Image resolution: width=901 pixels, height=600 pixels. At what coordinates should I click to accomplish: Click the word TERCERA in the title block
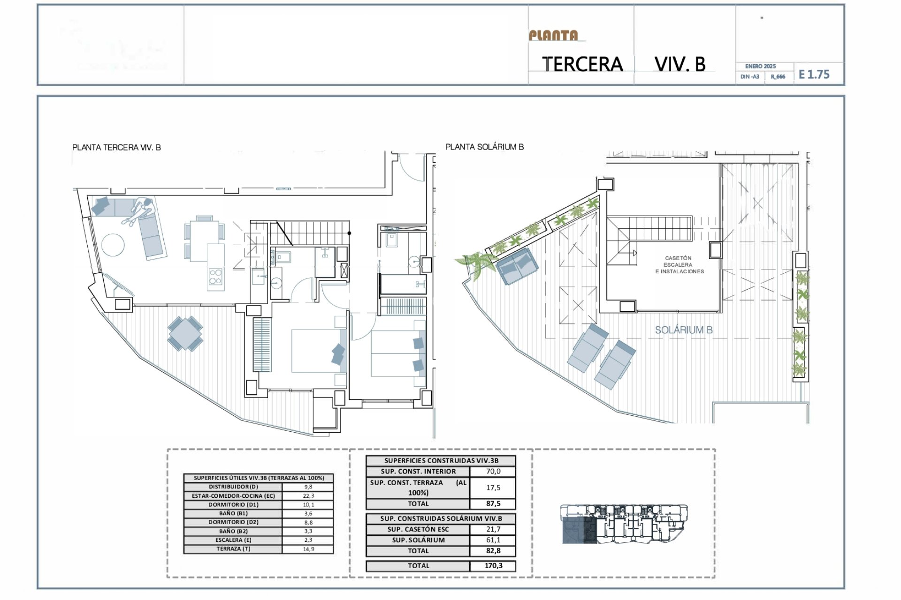(x=582, y=64)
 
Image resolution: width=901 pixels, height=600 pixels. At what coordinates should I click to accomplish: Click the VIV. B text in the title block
(x=680, y=64)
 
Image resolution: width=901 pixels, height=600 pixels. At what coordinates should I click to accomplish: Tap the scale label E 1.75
(x=814, y=75)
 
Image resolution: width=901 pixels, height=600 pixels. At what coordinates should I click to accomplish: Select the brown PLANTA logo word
(x=554, y=36)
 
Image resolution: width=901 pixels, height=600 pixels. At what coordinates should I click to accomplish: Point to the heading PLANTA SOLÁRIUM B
(x=484, y=147)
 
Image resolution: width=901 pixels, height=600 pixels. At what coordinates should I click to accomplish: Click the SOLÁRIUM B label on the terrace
(x=683, y=330)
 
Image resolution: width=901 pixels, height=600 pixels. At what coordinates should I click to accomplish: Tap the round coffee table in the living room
(x=113, y=245)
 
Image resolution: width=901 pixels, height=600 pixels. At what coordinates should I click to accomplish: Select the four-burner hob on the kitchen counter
(x=215, y=277)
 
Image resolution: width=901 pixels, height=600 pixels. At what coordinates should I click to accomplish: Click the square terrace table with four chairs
(x=185, y=334)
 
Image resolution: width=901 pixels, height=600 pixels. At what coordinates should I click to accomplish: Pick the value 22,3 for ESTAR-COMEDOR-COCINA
(x=308, y=496)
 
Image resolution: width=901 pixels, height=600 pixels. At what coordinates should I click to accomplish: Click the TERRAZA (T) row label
(x=233, y=549)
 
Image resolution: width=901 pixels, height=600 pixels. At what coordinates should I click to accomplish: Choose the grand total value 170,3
(x=493, y=566)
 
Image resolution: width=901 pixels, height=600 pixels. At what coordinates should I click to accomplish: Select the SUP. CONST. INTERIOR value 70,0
(x=493, y=472)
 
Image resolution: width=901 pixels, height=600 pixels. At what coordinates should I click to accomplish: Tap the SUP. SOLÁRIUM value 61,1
(x=493, y=540)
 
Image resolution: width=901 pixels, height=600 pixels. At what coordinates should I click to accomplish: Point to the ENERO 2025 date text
(x=760, y=67)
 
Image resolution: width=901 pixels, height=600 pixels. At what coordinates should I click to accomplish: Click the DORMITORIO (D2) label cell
(x=233, y=522)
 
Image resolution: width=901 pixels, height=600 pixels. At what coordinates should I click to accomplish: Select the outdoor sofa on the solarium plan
(x=517, y=266)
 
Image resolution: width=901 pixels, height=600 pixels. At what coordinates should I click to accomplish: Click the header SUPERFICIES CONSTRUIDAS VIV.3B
(x=441, y=461)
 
